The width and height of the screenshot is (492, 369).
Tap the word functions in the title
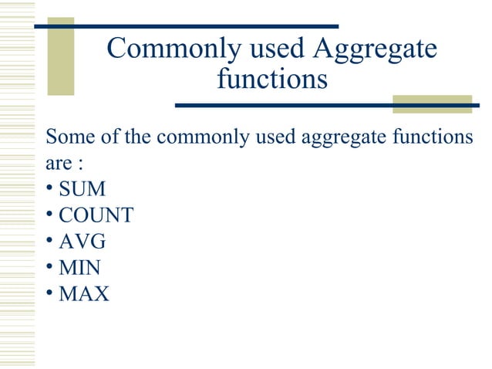(x=271, y=79)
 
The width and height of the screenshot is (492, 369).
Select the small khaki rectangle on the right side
(x=420, y=103)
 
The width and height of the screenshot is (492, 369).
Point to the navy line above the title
(x=186, y=26)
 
